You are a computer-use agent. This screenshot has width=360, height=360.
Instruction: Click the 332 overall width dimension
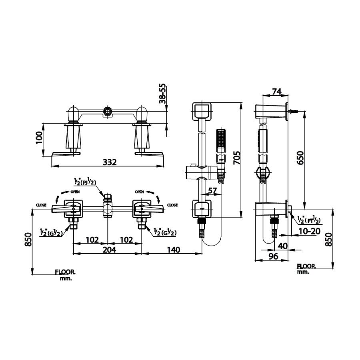point(109,162)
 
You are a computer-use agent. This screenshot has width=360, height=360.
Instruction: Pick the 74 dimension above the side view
point(276,92)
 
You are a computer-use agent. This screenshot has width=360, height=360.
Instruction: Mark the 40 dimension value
point(282,246)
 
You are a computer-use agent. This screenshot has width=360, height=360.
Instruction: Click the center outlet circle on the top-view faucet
point(107,110)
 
